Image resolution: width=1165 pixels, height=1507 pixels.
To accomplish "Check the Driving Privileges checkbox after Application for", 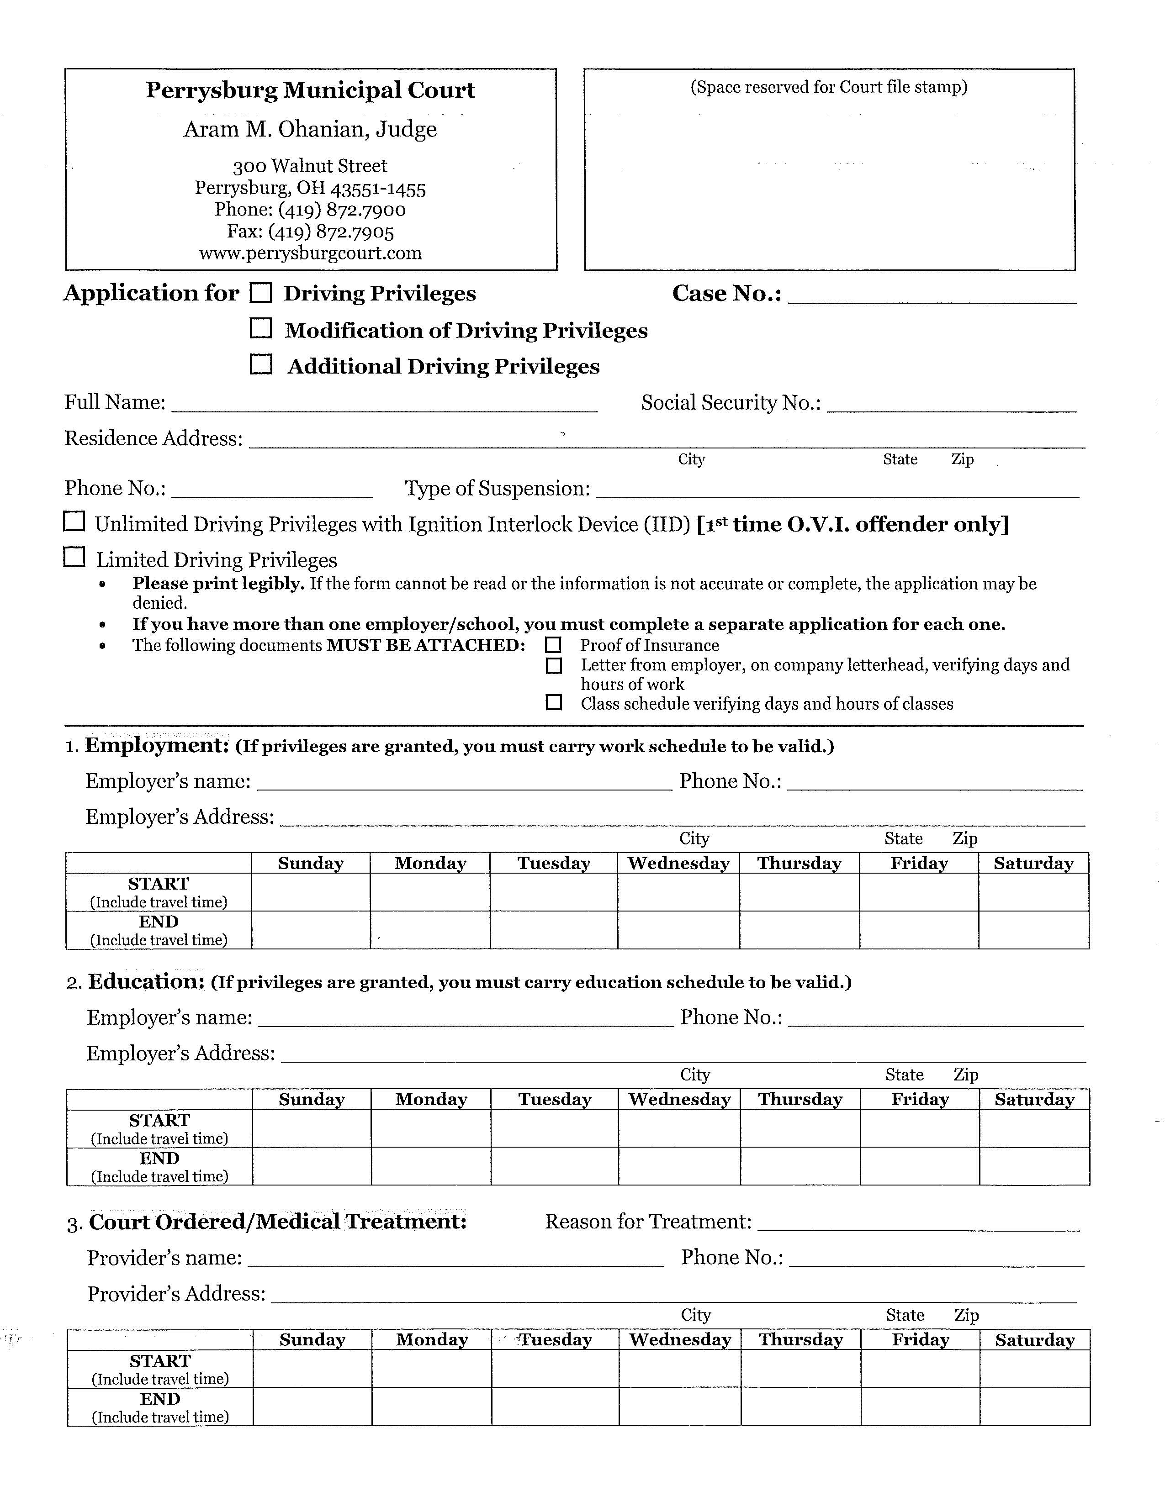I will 260,293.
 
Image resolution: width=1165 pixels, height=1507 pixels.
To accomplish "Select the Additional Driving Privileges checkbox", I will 260,364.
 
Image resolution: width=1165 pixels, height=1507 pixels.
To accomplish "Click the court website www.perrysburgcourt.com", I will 311,253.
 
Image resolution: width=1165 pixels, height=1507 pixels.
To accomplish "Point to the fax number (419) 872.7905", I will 311,231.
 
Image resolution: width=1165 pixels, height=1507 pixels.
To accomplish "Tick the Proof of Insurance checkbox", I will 554,645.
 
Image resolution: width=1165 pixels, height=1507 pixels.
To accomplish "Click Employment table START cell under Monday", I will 430,892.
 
